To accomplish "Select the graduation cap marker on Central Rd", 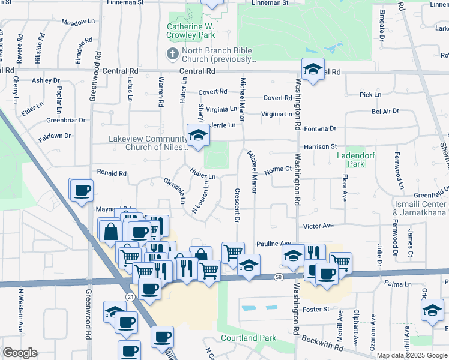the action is (x=313, y=70).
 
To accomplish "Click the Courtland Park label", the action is (x=249, y=338).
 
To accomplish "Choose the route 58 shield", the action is (x=279, y=277).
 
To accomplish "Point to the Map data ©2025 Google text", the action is (x=412, y=355).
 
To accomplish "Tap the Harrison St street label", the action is (x=320, y=146).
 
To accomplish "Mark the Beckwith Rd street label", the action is (x=322, y=343).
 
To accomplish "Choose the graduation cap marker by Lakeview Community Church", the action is (x=196, y=136).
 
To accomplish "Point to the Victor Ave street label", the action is (x=318, y=226).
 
